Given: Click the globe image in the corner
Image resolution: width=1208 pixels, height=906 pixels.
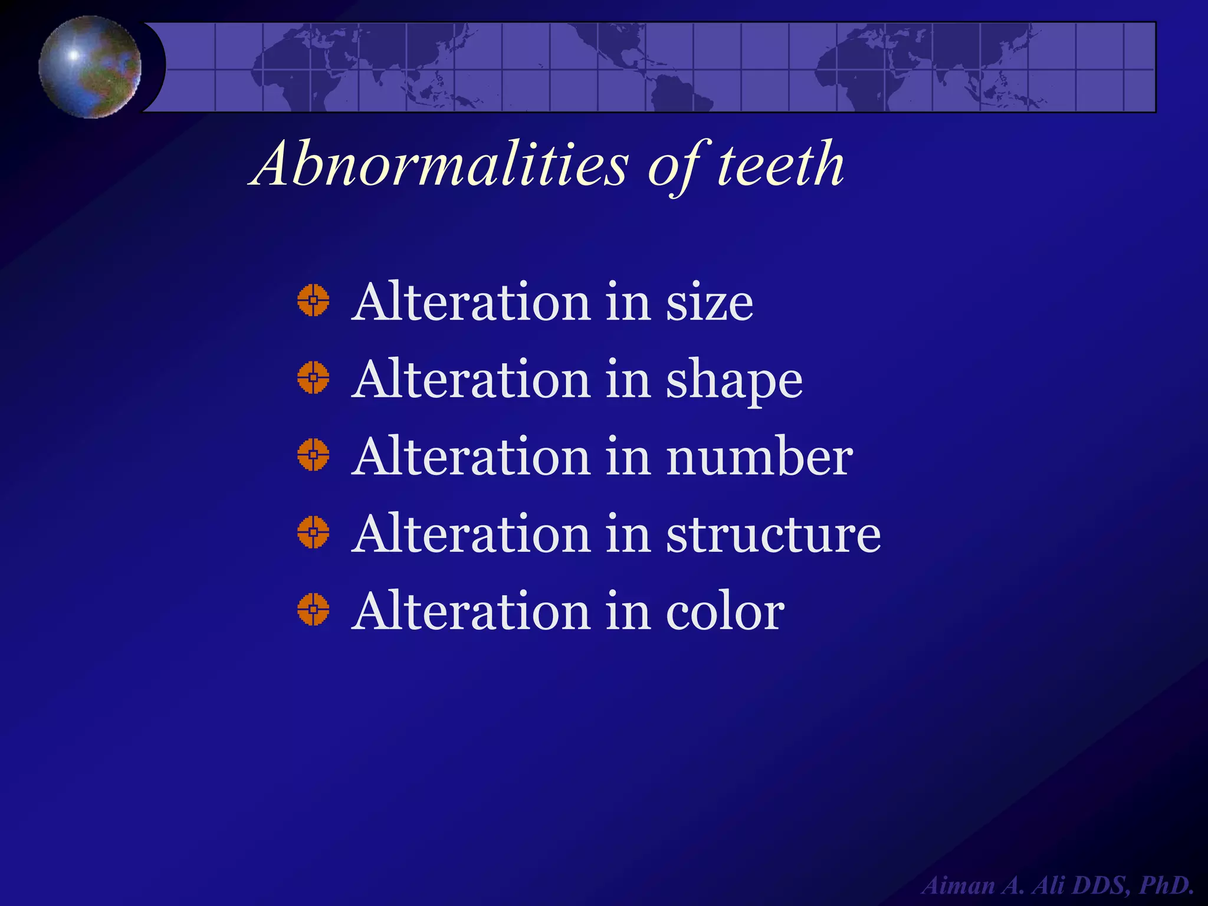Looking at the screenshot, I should tap(90, 67).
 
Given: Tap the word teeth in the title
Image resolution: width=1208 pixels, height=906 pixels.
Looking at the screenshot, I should tap(780, 165).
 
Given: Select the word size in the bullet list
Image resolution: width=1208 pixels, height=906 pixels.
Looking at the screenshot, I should tap(710, 303).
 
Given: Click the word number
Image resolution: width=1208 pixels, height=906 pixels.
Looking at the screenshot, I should tap(760, 457).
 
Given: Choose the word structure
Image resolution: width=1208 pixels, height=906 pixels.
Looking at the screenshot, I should tap(773, 534).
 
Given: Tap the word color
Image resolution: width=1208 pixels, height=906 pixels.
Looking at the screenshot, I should tap(725, 612).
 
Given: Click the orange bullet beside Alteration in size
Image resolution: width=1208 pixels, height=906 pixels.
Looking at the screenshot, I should tap(313, 300).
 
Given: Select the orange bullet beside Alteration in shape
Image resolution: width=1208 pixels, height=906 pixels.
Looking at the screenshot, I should tap(313, 377).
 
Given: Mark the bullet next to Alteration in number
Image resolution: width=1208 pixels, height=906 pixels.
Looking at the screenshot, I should tap(313, 455).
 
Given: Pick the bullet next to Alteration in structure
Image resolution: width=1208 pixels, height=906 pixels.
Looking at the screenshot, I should tap(313, 532).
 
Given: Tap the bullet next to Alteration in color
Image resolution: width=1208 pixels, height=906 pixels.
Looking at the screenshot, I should tap(313, 609).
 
